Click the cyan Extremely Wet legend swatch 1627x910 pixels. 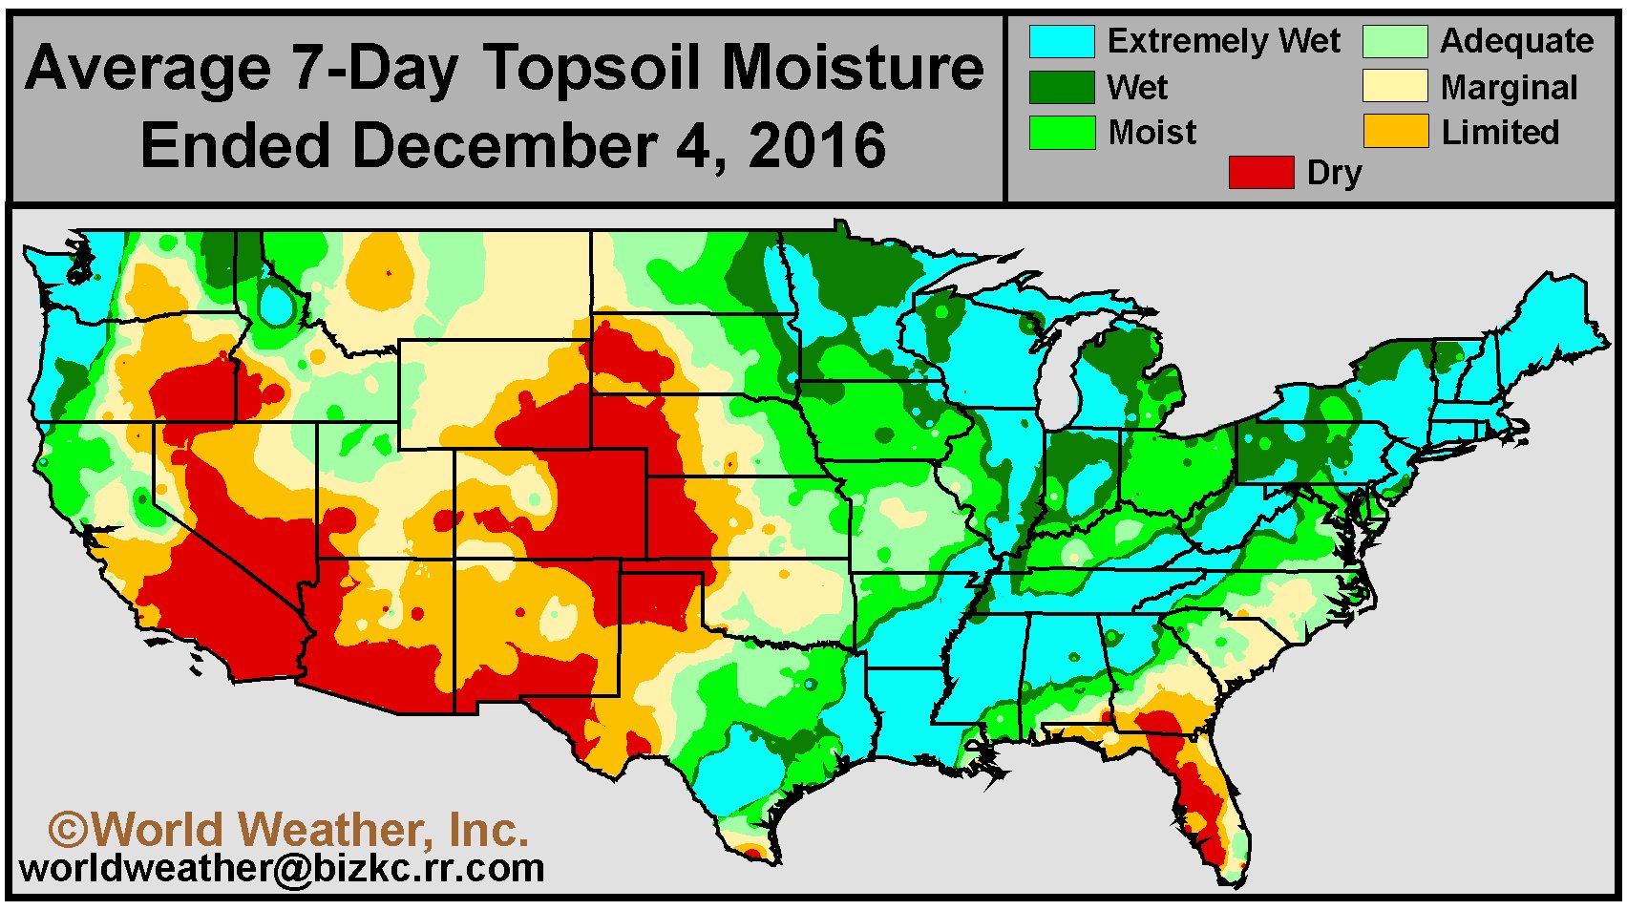[1061, 41]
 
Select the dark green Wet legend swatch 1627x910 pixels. [1061, 87]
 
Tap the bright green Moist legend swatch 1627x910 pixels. [1061, 133]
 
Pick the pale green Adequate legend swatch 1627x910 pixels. [1395, 41]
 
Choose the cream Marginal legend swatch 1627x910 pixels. [1395, 87]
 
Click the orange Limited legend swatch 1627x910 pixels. [1395, 132]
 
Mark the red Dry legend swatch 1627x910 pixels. [1261, 173]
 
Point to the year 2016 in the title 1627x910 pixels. [818, 144]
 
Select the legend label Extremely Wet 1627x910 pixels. [1224, 41]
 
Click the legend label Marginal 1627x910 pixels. [1509, 89]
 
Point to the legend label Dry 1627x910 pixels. [1334, 175]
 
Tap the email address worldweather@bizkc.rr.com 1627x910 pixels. [282, 869]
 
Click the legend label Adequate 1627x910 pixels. [1516, 42]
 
